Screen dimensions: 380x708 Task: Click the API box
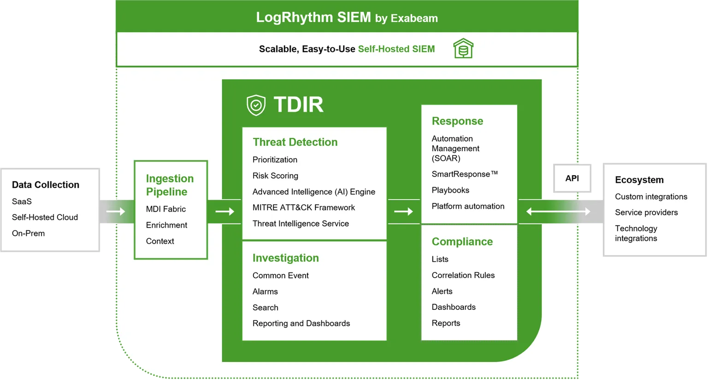pyautogui.click(x=572, y=178)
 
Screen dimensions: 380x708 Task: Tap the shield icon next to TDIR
pyautogui.click(x=256, y=105)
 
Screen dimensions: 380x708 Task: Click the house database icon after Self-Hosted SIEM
pyautogui.click(x=463, y=49)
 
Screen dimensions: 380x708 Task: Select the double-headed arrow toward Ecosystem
pyautogui.click(x=558, y=212)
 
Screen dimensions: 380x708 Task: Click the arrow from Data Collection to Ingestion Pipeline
pyautogui.click(x=115, y=212)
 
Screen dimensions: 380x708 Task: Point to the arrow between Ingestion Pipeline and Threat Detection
pyautogui.click(x=224, y=212)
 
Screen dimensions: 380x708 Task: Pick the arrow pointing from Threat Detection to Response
pyautogui.click(x=403, y=212)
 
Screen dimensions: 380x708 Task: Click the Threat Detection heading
pyautogui.click(x=295, y=142)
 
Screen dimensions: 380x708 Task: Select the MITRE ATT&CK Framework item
pyautogui.click(x=303, y=208)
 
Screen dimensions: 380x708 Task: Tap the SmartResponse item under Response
pyautogui.click(x=464, y=174)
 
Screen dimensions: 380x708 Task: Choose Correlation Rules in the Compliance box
pyautogui.click(x=463, y=275)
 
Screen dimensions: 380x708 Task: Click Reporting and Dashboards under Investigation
pyautogui.click(x=301, y=324)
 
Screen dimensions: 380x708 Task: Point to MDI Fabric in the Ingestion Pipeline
pyautogui.click(x=165, y=209)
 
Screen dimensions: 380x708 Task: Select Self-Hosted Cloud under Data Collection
pyautogui.click(x=45, y=217)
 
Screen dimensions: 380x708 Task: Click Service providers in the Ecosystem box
pyautogui.click(x=646, y=213)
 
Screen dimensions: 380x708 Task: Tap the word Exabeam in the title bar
pyautogui.click(x=414, y=18)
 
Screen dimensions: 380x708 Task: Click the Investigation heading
pyautogui.click(x=285, y=258)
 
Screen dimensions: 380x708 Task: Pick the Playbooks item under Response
pyautogui.click(x=450, y=190)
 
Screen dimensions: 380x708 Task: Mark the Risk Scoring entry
pyautogui.click(x=275, y=176)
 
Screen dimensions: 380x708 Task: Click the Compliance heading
pyautogui.click(x=462, y=242)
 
